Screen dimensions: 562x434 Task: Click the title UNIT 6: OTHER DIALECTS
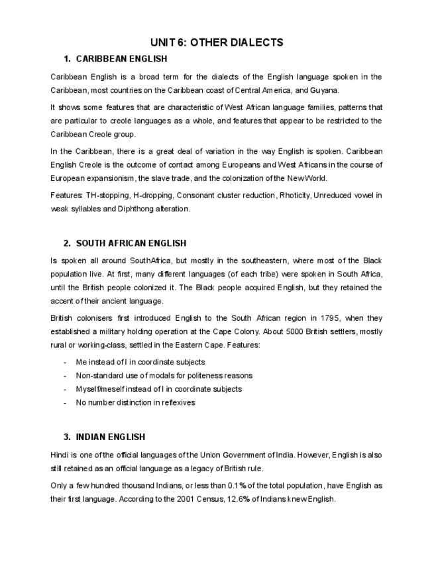[x=217, y=42]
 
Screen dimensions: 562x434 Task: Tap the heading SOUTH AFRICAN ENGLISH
[x=131, y=243]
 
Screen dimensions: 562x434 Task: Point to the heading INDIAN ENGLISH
[x=111, y=437]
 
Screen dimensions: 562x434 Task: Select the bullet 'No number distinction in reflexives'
[x=135, y=402]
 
